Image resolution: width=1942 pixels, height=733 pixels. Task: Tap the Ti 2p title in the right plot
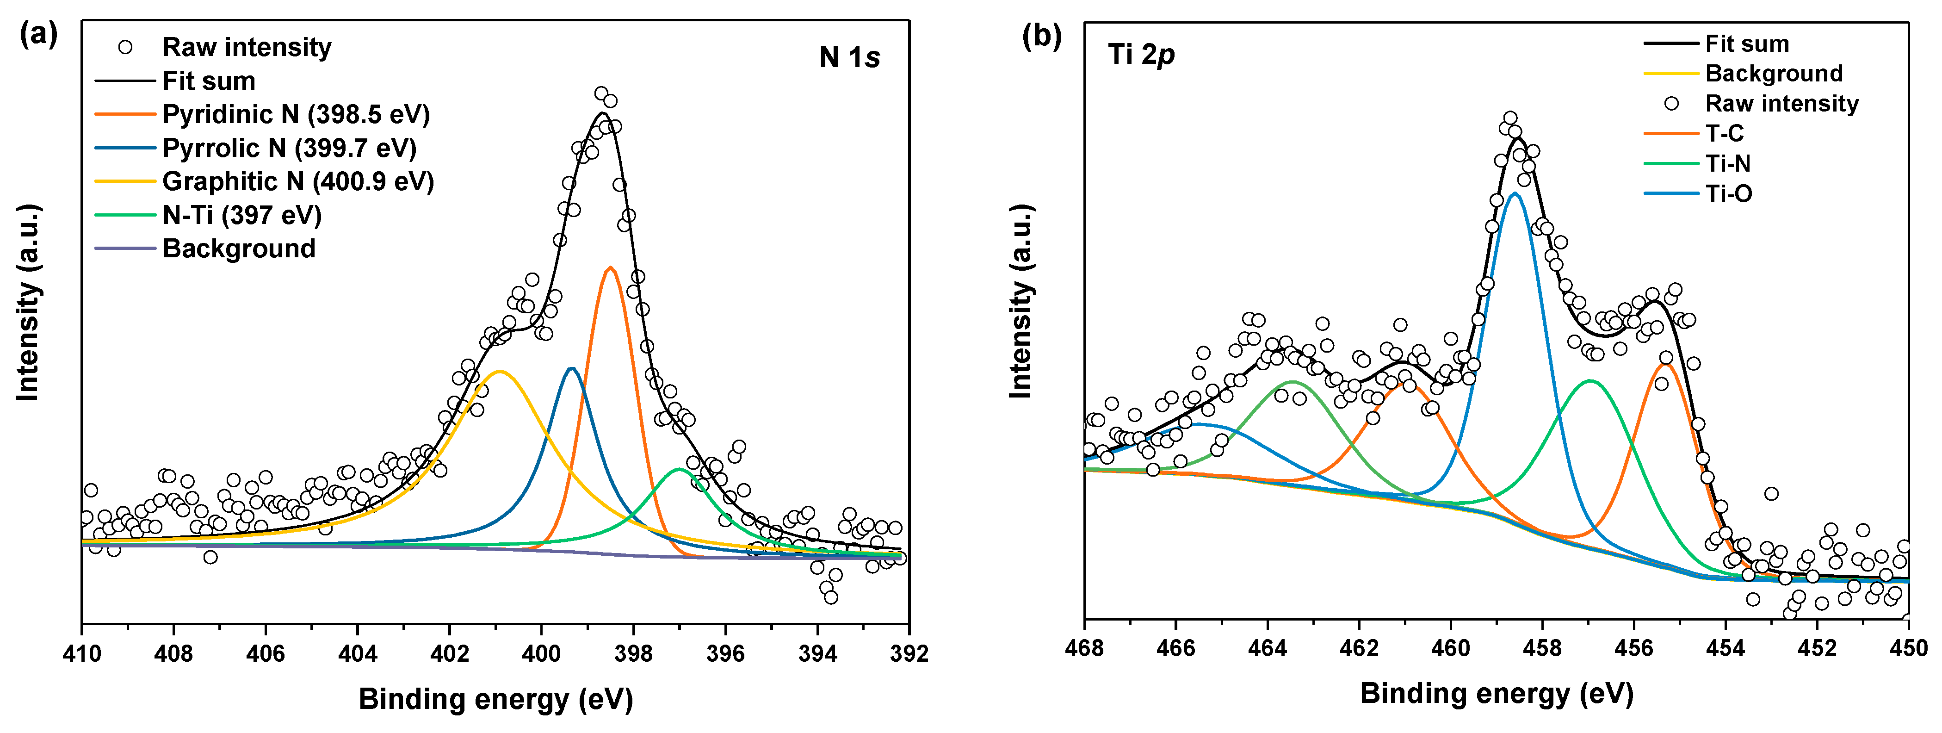(x=1141, y=54)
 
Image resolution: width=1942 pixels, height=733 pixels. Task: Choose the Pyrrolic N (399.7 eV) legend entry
(x=289, y=148)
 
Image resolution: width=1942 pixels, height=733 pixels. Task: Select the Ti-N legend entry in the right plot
(x=1727, y=164)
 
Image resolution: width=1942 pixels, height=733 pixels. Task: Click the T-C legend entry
(x=1724, y=133)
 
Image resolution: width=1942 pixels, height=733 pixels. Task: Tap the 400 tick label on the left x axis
(x=541, y=653)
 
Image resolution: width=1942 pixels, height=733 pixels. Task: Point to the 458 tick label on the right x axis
(x=1542, y=648)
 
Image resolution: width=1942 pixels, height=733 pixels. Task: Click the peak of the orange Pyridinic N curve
(x=610, y=268)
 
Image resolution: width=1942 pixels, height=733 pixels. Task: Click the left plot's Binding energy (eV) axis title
(x=495, y=699)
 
